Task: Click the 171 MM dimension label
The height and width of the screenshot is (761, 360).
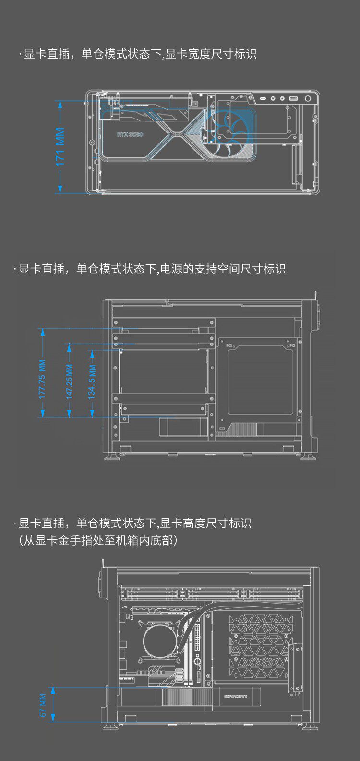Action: tap(60, 147)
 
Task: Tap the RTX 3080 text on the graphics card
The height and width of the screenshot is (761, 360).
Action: tap(130, 135)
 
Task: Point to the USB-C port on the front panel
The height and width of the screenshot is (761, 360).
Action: tap(264, 99)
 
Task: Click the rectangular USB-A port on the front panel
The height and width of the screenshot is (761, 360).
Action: tap(293, 99)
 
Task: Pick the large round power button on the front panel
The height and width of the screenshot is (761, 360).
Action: tap(308, 99)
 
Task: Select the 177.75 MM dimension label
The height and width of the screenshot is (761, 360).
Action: tap(43, 380)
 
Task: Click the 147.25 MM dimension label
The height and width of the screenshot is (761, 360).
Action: tap(70, 382)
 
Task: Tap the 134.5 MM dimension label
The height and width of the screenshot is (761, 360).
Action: tap(92, 382)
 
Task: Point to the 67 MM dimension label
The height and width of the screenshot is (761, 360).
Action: tap(43, 706)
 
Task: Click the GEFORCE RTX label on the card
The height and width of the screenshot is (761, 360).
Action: tap(236, 697)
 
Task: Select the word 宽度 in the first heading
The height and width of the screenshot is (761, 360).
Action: tap(199, 54)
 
